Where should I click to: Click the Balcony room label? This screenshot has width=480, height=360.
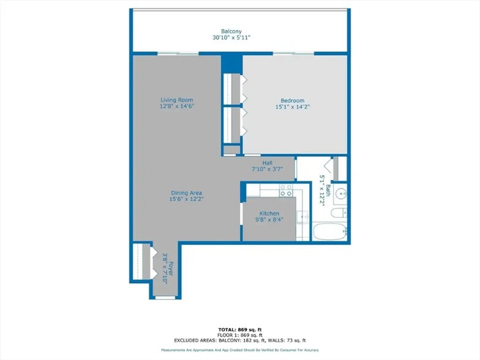pyautogui.click(x=231, y=31)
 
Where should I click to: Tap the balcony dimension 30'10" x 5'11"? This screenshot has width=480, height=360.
pyautogui.click(x=231, y=38)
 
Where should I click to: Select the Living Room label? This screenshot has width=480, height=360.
pyautogui.click(x=177, y=100)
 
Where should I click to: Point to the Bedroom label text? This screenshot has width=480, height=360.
pyautogui.click(x=292, y=101)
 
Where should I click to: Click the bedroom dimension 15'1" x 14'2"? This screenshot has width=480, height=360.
pyautogui.click(x=292, y=108)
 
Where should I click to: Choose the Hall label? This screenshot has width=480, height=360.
pyautogui.click(x=266, y=163)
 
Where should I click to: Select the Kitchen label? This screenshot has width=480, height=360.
pyautogui.click(x=269, y=214)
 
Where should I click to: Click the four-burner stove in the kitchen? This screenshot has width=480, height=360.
pyautogui.click(x=285, y=192)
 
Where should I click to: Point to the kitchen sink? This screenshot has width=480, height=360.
pyautogui.click(x=302, y=216)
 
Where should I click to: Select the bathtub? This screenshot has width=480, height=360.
pyautogui.click(x=331, y=232)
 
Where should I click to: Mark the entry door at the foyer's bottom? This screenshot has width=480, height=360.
pyautogui.click(x=165, y=298)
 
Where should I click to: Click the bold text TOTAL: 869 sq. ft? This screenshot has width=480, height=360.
pyautogui.click(x=239, y=329)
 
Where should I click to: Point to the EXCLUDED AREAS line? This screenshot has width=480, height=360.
pyautogui.click(x=239, y=340)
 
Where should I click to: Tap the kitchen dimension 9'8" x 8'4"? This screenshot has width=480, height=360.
pyautogui.click(x=269, y=220)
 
